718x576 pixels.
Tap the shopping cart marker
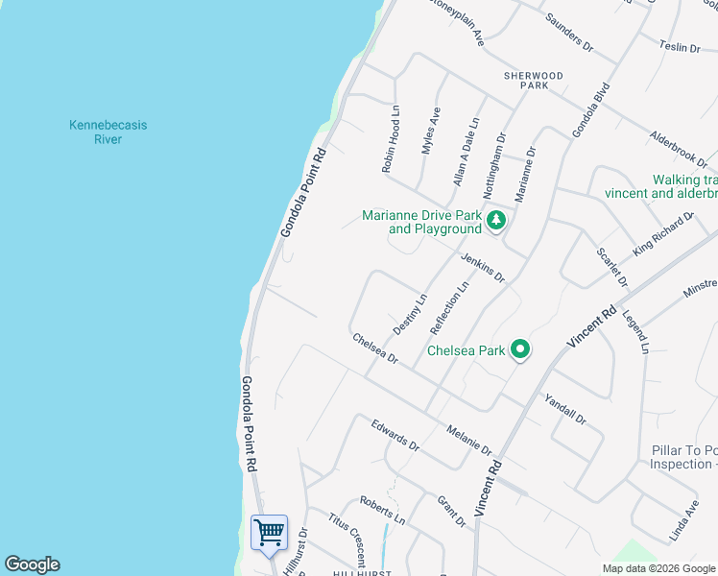(270, 531)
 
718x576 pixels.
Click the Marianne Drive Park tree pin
(495, 222)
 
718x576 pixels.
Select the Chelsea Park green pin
(520, 350)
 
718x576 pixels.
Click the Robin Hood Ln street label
(391, 139)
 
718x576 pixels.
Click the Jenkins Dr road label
(482, 265)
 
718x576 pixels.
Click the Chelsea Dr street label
(375, 348)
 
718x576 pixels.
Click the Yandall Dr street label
(564, 409)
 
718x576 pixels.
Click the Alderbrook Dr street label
(678, 149)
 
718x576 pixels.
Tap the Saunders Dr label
(569, 32)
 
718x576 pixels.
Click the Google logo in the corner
(32, 564)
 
